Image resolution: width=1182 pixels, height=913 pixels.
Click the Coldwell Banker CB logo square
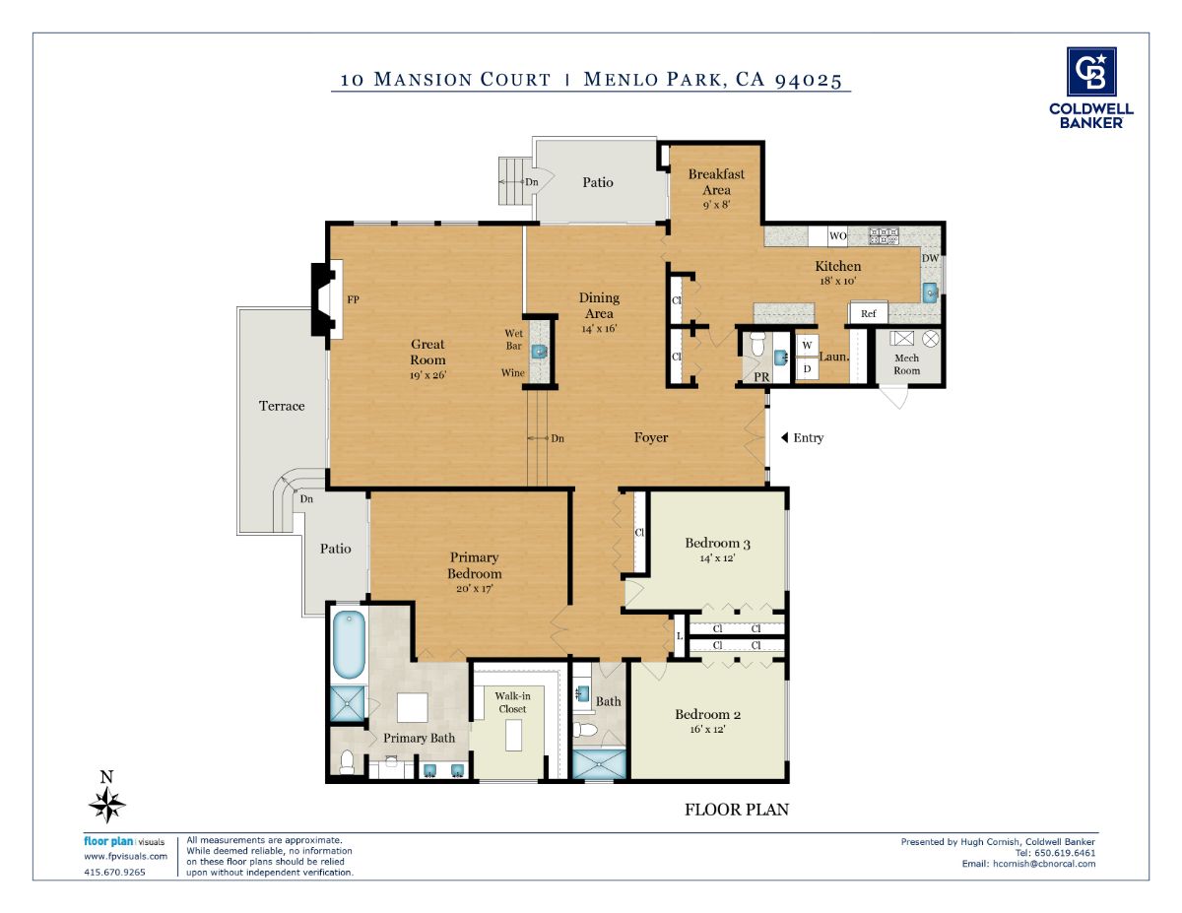pyautogui.click(x=1091, y=72)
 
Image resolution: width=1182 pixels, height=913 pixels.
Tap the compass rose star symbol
pyautogui.click(x=107, y=805)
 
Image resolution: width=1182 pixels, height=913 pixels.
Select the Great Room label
pyautogui.click(x=427, y=352)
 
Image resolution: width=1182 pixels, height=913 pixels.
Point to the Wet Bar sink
pyautogui.click(x=539, y=352)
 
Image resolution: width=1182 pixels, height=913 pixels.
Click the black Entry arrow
pyautogui.click(x=784, y=437)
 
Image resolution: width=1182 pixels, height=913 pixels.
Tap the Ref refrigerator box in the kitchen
pyautogui.click(x=868, y=313)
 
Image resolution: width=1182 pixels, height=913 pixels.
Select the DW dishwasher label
pyautogui.click(x=930, y=258)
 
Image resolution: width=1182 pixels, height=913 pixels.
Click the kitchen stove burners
pyautogui.click(x=884, y=236)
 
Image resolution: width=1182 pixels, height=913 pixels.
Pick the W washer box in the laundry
pyautogui.click(x=808, y=345)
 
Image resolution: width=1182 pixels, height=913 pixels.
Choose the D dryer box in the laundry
pyautogui.click(x=808, y=368)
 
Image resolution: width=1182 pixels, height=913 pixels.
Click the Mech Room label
pyautogui.click(x=907, y=364)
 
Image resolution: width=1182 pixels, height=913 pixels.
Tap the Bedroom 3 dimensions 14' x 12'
pyautogui.click(x=717, y=557)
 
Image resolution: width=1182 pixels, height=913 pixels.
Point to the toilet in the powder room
pyautogui.click(x=757, y=344)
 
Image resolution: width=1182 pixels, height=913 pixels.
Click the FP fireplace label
pyautogui.click(x=353, y=299)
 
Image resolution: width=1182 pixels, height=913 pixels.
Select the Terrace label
pyautogui.click(x=282, y=406)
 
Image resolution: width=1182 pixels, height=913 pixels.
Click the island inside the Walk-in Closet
pyautogui.click(x=513, y=735)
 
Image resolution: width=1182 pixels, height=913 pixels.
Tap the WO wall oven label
pyautogui.click(x=837, y=236)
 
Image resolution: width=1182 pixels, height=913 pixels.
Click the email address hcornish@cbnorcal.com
pyautogui.click(x=1044, y=864)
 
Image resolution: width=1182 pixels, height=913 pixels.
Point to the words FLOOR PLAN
pyautogui.click(x=737, y=810)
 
